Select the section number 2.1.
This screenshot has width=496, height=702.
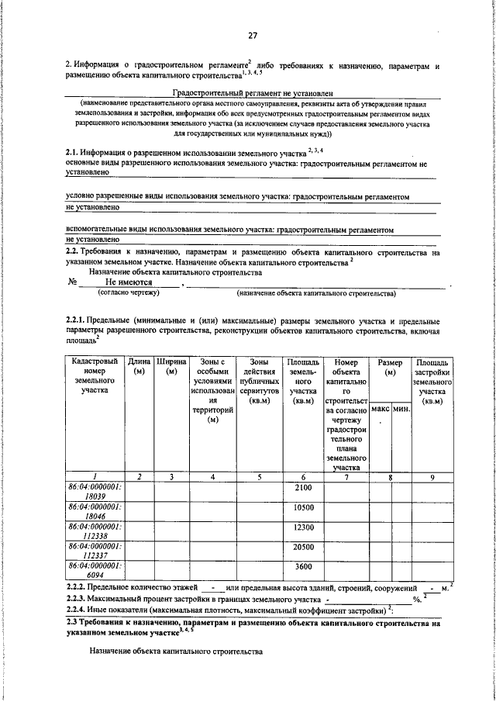coord(74,154)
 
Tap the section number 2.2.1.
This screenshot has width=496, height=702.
coord(77,321)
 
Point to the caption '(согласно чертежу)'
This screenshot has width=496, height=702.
coord(127,294)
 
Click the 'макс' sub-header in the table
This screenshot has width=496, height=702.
coord(380,408)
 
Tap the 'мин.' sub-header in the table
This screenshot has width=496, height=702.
coord(400,408)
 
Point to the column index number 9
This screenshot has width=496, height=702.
coord(432,476)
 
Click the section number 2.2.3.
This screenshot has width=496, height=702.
coord(78,600)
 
